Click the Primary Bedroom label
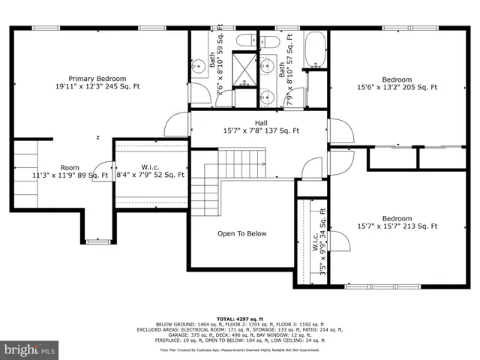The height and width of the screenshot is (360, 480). click(97, 82)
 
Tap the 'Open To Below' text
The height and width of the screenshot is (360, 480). click(241, 234)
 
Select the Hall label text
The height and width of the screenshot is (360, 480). click(261, 127)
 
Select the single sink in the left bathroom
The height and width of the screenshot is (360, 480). click(198, 67)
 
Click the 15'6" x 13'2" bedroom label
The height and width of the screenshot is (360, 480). click(397, 83)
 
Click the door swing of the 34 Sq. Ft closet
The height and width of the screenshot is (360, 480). click(340, 241)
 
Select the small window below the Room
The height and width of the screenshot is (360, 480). click(97, 241)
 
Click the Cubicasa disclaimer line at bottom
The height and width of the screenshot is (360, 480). click(239, 349)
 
